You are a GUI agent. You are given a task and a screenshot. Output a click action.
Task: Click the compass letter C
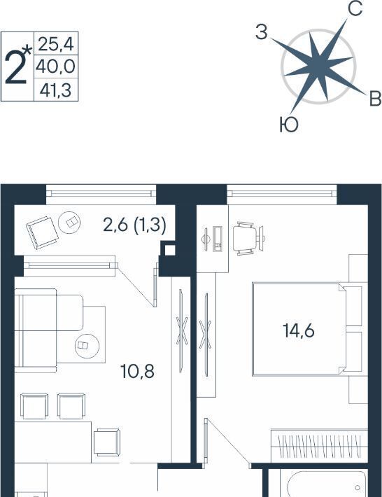[x=355, y=9]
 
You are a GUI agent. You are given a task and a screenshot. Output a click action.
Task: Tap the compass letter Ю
[x=289, y=125]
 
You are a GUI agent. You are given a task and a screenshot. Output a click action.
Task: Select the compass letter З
[x=262, y=32]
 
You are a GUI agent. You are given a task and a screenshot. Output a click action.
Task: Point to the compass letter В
[x=375, y=99]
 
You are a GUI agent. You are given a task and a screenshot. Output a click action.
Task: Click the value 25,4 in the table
[x=56, y=44]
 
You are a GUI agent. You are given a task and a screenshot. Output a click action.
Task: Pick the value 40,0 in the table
[x=56, y=67]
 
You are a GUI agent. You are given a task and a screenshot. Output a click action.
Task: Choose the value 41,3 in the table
[x=55, y=90]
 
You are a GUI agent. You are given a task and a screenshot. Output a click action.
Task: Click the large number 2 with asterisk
[x=18, y=67]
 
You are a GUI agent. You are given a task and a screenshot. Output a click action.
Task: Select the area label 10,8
[x=137, y=371]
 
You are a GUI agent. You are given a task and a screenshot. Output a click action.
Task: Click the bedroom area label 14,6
[x=298, y=330]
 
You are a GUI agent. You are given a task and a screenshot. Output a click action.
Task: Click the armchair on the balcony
[x=42, y=232]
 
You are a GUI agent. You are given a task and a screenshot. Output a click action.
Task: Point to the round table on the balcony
[x=69, y=223]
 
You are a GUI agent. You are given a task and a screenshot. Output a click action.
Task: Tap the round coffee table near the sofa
[x=87, y=345]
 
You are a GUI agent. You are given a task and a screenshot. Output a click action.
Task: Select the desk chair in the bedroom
[x=245, y=239]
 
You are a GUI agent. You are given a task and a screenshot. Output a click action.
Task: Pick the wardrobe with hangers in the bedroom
[x=319, y=446]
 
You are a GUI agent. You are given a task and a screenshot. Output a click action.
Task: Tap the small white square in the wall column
[x=170, y=251]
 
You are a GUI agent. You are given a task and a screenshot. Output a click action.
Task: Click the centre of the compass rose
[x=318, y=66]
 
